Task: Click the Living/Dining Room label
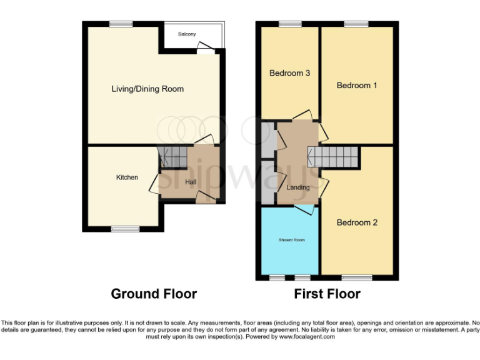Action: point(147,89)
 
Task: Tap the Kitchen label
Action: point(127,177)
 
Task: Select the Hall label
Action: point(191,182)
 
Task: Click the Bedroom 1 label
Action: point(357,86)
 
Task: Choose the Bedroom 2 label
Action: point(357,222)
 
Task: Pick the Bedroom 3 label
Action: point(289,73)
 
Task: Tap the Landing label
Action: point(298,187)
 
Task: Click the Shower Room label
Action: point(291,239)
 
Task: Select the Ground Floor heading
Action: point(154,294)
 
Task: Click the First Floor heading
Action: point(327,294)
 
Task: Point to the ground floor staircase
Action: point(172,157)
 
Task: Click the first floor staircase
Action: point(333,156)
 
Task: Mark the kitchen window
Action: point(125,228)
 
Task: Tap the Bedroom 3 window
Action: point(289,24)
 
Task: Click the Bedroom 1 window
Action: point(356,24)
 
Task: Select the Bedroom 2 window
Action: point(356,277)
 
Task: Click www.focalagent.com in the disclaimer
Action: point(306,336)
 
